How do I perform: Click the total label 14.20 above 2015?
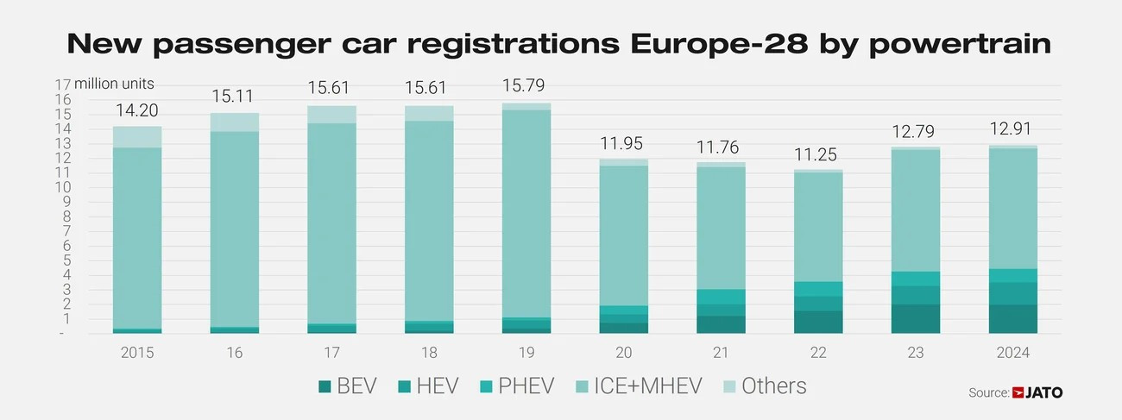tap(137, 110)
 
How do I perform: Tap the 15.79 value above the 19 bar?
tap(527, 87)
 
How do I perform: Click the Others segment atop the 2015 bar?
tap(137, 136)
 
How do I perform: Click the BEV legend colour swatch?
tap(325, 386)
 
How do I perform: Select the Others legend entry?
tap(773, 386)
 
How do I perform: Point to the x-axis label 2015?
tap(137, 353)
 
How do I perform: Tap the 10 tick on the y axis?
tap(61, 187)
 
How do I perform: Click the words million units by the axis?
tap(114, 85)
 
